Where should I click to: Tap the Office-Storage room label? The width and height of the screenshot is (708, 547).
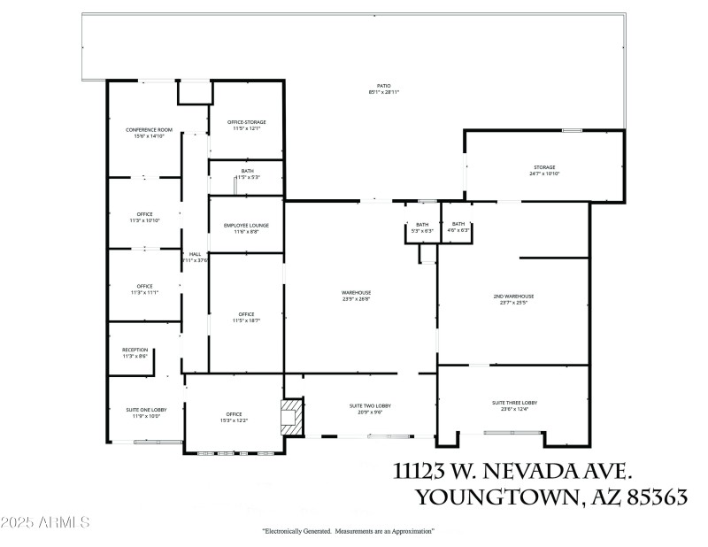coord(246,122)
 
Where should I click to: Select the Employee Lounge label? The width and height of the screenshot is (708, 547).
coord(246,225)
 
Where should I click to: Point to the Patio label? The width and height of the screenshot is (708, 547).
coord(383,86)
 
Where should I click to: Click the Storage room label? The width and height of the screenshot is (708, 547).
coord(543,166)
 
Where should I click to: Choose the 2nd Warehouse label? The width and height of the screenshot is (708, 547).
coord(513,296)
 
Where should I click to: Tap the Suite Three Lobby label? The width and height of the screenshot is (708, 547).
coord(514,402)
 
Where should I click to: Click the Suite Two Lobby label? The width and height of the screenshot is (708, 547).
coord(370,405)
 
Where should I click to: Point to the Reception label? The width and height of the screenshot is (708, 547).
coord(135,350)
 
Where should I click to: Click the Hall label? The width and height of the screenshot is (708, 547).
coord(195,254)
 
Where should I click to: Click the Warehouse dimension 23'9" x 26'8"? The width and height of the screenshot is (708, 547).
coord(356,299)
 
